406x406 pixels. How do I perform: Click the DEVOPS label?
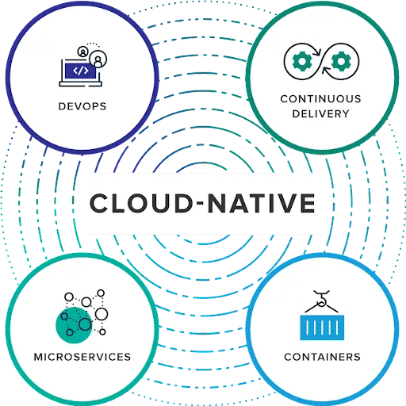pyautogui.click(x=82, y=106)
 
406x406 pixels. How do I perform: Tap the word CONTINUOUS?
pyautogui.click(x=320, y=99)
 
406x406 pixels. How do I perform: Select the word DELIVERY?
pyautogui.click(x=320, y=113)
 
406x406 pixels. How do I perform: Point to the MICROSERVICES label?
pyautogui.click(x=82, y=357)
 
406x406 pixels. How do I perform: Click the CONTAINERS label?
pyautogui.click(x=322, y=357)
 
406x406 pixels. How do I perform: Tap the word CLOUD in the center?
pyautogui.click(x=142, y=203)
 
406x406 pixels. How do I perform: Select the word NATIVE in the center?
pyautogui.click(x=262, y=203)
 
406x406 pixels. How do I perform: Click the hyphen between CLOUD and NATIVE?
pyautogui.click(x=201, y=203)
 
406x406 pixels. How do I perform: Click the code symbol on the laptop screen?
pyautogui.click(x=81, y=71)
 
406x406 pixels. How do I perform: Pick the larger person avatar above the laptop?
pyautogui.click(x=98, y=59)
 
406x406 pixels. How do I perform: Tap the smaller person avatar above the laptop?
pyautogui.click(x=82, y=52)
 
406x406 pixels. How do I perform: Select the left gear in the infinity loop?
pyautogui.click(x=301, y=61)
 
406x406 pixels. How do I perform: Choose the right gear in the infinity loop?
pyautogui.click(x=341, y=61)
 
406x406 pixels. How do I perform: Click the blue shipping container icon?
pyautogui.click(x=322, y=327)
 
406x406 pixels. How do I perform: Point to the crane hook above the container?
pyautogui.click(x=322, y=299)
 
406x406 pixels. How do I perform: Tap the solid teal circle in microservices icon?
pyautogui.click(x=74, y=325)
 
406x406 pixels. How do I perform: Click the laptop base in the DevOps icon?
pyautogui.click(x=81, y=84)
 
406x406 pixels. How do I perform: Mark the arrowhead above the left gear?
pyautogui.click(x=318, y=52)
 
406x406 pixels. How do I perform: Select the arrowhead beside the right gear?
pyautogui.click(x=326, y=71)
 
